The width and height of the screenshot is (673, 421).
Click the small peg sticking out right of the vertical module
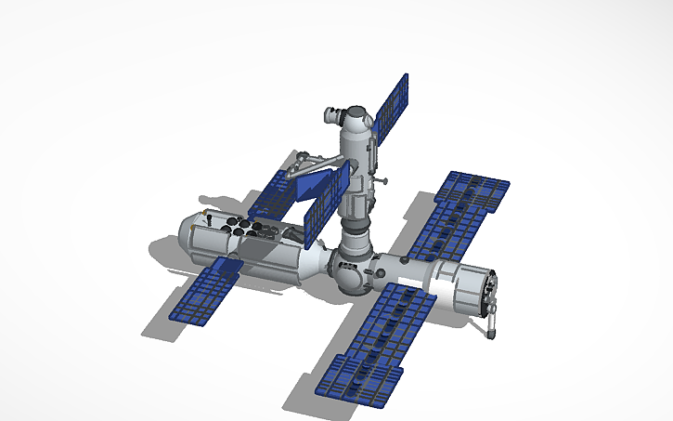(380, 179)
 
